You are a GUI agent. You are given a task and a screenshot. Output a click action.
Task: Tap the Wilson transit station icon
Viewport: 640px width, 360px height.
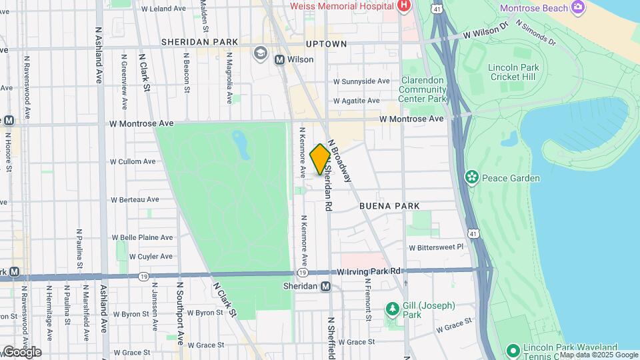tap(280, 59)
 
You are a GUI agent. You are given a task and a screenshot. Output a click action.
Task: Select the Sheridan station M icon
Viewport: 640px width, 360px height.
tap(325, 287)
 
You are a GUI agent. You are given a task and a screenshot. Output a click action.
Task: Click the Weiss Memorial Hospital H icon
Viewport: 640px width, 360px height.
tap(403, 6)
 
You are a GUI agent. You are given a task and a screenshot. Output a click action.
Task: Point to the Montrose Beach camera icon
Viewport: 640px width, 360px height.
tap(577, 7)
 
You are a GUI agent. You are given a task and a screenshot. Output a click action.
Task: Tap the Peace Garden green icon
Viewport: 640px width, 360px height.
tap(472, 177)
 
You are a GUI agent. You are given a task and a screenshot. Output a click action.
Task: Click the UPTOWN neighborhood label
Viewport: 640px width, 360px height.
tap(326, 43)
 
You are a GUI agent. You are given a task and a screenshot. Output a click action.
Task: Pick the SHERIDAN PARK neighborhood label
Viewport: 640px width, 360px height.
tap(199, 42)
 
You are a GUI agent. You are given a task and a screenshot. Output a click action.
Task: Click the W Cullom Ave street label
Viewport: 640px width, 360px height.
tap(133, 161)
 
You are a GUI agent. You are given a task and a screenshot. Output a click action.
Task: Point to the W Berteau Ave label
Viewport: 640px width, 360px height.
tap(135, 199)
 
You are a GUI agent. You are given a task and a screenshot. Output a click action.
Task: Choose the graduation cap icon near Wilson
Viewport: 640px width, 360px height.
tap(259, 52)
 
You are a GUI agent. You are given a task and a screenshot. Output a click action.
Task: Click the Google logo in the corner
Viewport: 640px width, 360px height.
tap(21, 352)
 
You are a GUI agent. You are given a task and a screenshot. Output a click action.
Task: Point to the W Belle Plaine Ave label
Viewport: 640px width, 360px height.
tap(142, 237)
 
